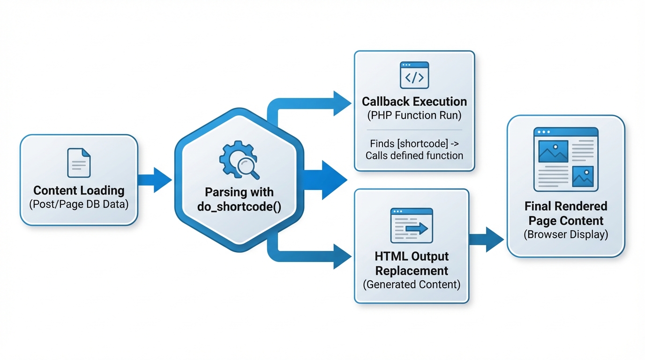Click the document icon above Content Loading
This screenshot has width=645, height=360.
click(79, 163)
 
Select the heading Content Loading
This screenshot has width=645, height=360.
click(79, 191)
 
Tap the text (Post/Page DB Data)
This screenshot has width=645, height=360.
click(79, 204)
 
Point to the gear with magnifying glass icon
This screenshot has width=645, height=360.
click(239, 161)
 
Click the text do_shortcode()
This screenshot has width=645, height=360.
click(239, 207)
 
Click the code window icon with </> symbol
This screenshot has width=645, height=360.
click(414, 75)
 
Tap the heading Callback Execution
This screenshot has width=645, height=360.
click(414, 102)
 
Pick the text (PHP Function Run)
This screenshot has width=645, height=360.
click(414, 116)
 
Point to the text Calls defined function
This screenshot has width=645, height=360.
click(414, 156)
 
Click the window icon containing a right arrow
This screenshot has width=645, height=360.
click(412, 225)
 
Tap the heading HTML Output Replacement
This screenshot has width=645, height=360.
click(412, 263)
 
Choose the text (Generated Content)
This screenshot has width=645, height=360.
click(412, 284)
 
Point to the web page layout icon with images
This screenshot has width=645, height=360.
click(566, 159)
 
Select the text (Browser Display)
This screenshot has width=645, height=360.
click(566, 234)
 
